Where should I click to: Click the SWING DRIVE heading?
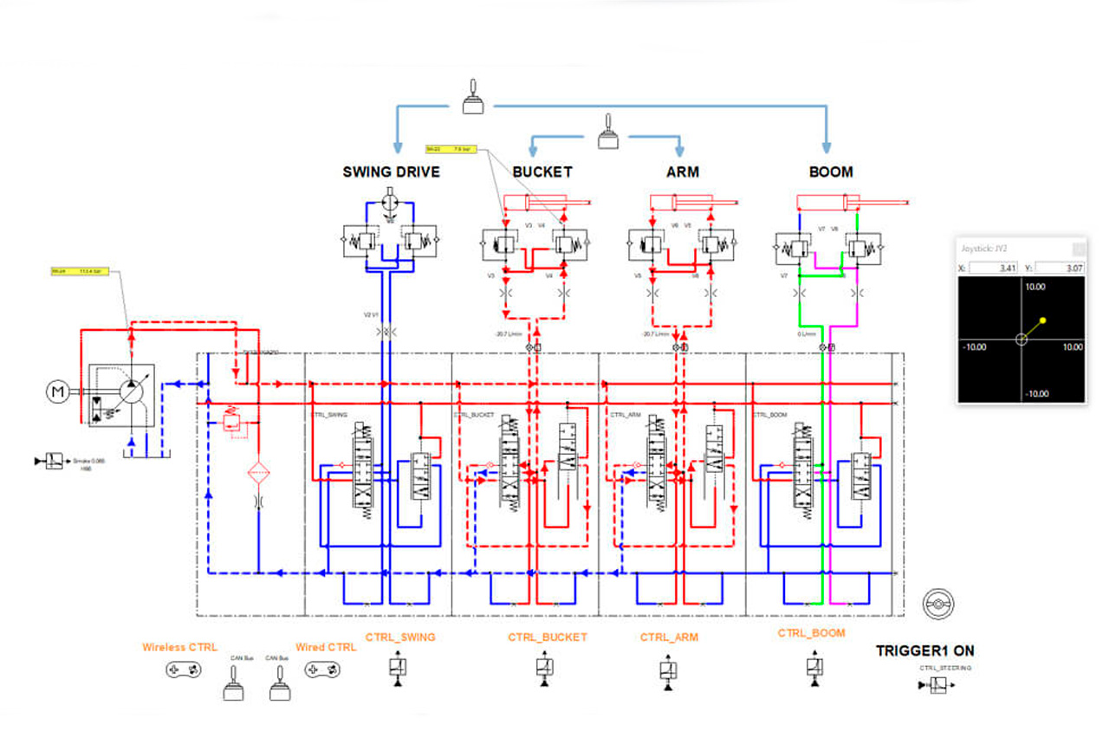coord(391,171)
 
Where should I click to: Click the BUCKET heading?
coord(542,171)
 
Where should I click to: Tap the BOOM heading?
coord(830,171)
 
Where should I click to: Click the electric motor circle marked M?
coord(58,391)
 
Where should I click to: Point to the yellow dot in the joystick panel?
coord(1042,320)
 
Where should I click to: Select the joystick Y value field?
coord(1058,268)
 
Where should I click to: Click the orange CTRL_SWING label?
coord(399,637)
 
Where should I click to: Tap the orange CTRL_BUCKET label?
coord(547,637)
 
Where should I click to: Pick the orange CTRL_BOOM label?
coord(811,633)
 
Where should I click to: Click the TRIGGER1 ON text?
coord(925,650)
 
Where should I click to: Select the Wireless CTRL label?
coord(180,647)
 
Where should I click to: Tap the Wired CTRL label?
coord(325,647)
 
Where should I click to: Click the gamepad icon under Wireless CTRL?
coord(184,670)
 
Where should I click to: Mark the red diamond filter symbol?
coord(258,473)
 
